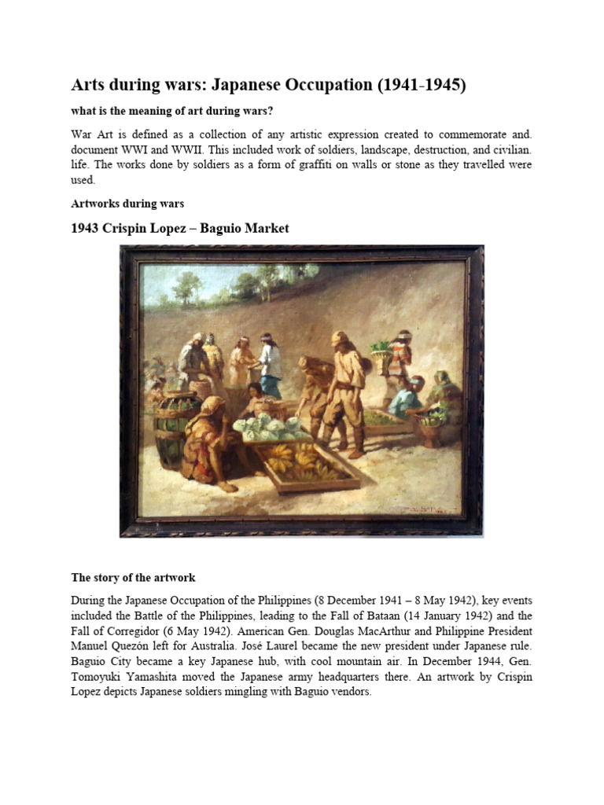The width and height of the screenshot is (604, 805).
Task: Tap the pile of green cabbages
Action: pos(271,429)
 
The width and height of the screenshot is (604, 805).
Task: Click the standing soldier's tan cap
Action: pos(340,338)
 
